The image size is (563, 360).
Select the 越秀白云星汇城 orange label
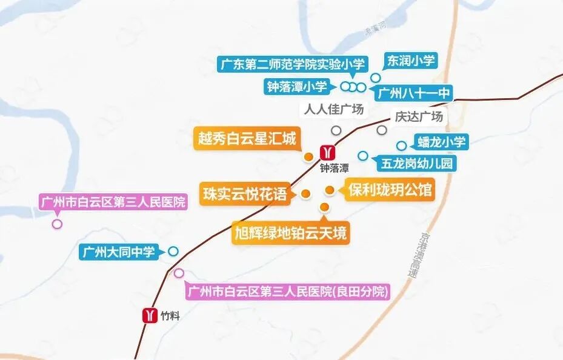coord(247,139)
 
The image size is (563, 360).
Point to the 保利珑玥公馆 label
coord(390,190)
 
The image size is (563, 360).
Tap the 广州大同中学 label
coord(118,252)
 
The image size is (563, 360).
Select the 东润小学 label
coord(411,61)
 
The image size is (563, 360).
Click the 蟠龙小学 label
coord(441,142)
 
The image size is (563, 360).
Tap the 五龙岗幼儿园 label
coord(416,163)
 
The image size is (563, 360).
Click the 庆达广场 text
coord(419,116)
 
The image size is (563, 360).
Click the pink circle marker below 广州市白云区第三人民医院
coord(57,224)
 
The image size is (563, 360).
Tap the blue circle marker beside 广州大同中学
coord(173,251)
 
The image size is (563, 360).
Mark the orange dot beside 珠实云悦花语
coord(306,194)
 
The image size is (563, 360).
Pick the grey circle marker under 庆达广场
coord(382,130)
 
